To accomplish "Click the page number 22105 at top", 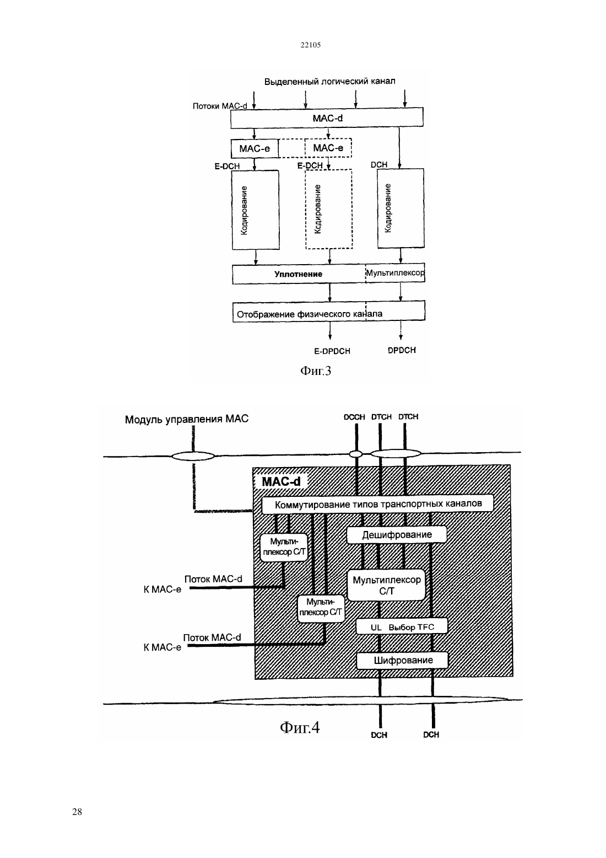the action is (310, 45).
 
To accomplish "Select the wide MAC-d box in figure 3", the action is (327, 117).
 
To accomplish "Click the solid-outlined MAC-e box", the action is (255, 148).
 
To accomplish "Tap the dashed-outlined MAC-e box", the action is (328, 148).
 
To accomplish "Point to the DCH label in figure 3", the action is (379, 164).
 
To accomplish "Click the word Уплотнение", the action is (298, 274).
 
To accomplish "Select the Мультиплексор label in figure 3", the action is (395, 273).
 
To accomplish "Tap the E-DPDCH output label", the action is (332, 351).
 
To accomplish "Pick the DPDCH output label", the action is (402, 350).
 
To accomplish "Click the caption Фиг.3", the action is (316, 371).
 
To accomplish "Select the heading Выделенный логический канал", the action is (330, 81).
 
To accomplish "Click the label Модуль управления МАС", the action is (187, 419).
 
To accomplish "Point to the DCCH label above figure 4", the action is (354, 417).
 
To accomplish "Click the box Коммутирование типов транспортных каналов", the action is (377, 504).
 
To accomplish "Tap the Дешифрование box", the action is (397, 534).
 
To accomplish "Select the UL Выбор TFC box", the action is (402, 627).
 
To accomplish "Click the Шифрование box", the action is (403, 660).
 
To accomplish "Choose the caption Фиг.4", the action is (300, 726).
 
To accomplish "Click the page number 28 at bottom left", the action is (77, 812).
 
